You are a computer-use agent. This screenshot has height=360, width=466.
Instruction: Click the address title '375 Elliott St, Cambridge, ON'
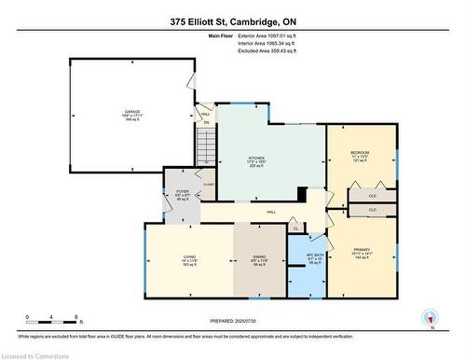point(232,21)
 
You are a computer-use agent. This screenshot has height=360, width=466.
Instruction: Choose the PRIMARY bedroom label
point(362,253)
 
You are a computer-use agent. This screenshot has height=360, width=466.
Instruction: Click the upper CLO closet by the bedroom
point(372,197)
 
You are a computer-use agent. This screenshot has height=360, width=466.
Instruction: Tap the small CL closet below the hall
point(295,228)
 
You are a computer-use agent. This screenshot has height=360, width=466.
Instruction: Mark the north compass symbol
point(431,317)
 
